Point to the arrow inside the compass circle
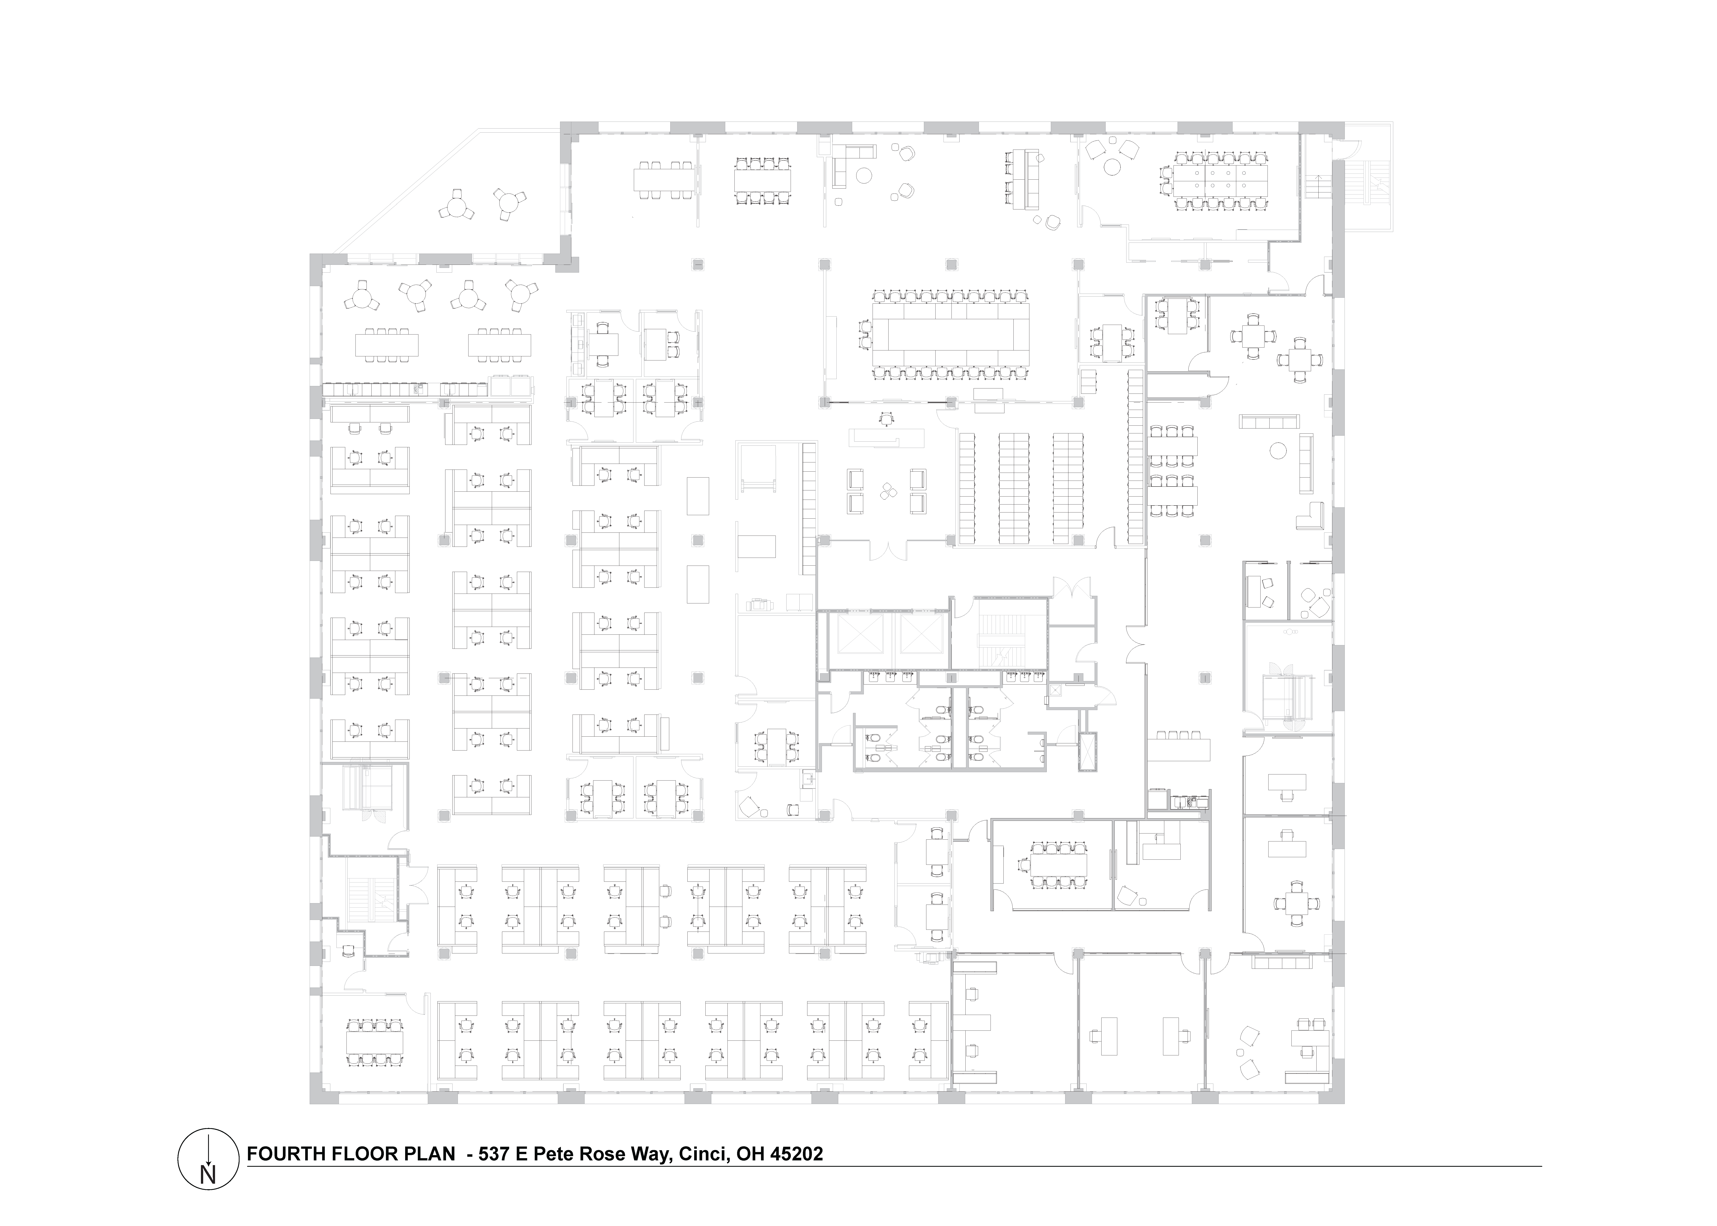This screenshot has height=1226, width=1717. [208, 1151]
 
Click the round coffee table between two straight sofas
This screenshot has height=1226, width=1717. [1278, 451]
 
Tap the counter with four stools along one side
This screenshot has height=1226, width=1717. [1178, 750]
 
